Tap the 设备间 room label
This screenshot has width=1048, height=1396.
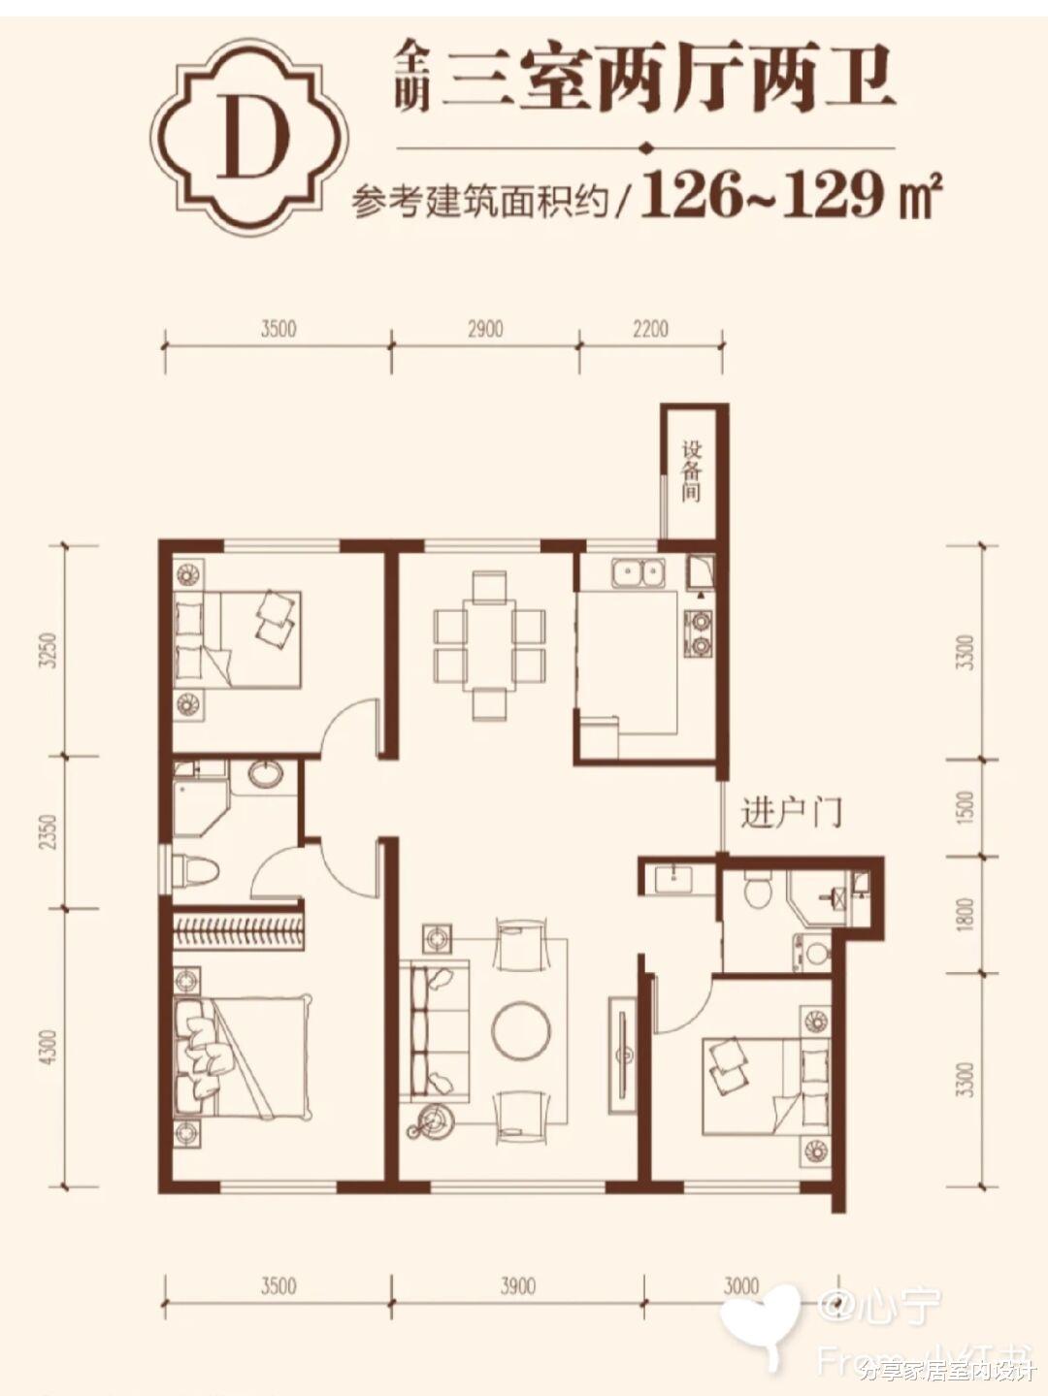click(691, 471)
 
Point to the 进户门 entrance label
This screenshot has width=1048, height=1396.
click(791, 812)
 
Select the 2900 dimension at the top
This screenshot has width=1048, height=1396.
click(485, 329)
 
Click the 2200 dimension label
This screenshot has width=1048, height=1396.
click(650, 329)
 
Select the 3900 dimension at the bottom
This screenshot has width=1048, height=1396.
click(517, 1286)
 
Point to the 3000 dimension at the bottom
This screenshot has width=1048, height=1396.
click(741, 1286)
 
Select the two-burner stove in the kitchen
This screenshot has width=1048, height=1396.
click(698, 630)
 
